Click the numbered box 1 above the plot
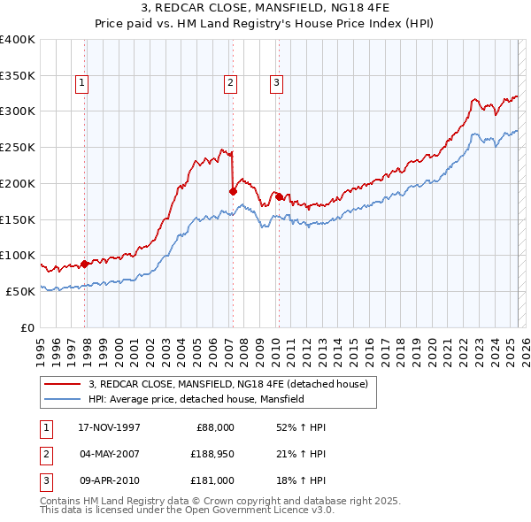coord(81,84)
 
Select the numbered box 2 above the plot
coord(230,84)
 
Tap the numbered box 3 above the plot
coord(276,84)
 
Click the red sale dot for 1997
coord(85,264)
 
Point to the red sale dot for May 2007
coord(233,190)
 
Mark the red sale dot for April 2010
coord(278,196)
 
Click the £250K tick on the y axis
coord(18,147)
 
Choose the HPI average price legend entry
coord(196,399)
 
